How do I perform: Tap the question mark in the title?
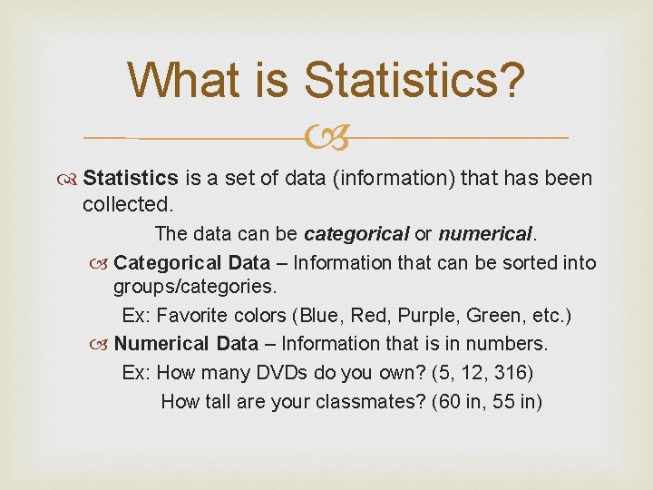[511, 81]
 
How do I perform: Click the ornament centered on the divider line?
[326, 139]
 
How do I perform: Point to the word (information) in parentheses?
[394, 179]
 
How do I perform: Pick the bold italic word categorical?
[356, 234]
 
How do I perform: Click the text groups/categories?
[194, 288]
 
